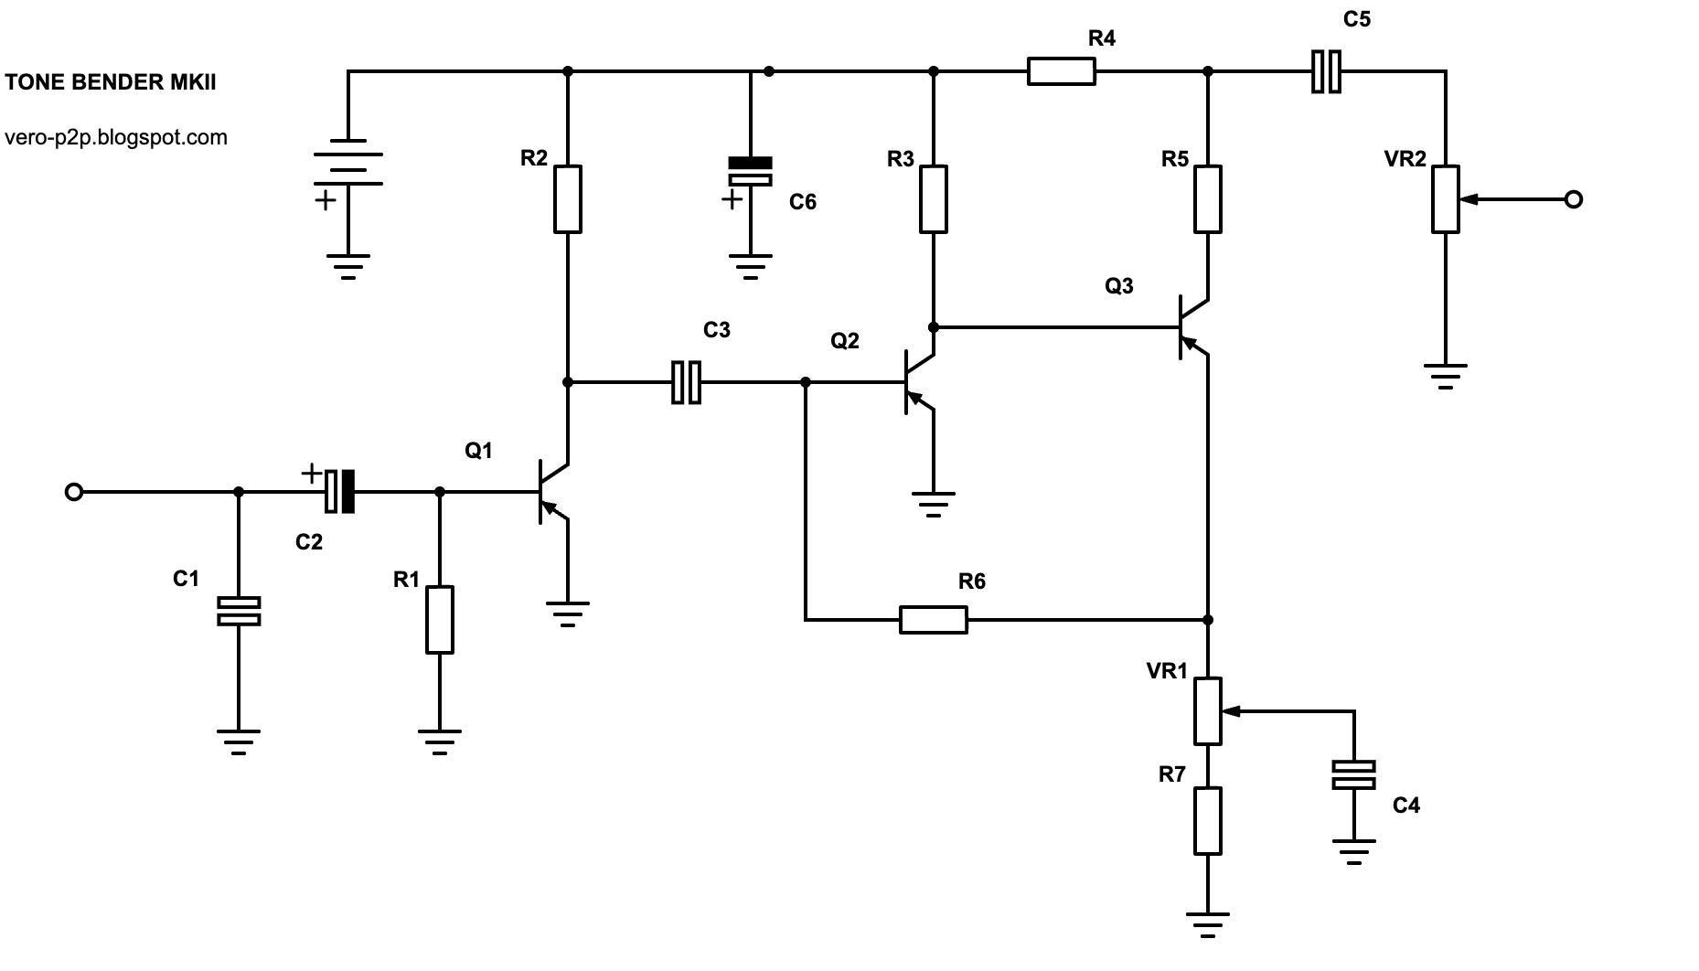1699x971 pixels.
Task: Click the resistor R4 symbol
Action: [x=1061, y=71]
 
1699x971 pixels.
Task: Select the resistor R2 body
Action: [x=568, y=198]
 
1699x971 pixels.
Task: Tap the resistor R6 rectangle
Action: [x=933, y=620]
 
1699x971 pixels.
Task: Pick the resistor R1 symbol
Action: [x=440, y=620]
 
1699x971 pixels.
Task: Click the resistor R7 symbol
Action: [x=1208, y=820]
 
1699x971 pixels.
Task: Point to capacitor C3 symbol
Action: [x=686, y=382]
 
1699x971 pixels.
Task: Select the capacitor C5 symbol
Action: [x=1326, y=71]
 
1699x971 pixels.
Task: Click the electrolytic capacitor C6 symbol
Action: [x=750, y=172]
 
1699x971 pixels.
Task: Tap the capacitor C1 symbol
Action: [x=239, y=611]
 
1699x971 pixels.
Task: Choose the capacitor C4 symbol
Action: [x=1353, y=775]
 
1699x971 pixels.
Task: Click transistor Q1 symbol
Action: [x=553, y=492]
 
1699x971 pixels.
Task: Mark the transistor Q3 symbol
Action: [x=1193, y=327]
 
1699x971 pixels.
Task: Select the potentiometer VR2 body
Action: [x=1446, y=198]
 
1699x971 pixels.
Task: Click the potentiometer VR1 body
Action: [x=1208, y=710]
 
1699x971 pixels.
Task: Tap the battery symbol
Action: [x=348, y=162]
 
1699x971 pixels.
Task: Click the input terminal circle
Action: [x=74, y=492]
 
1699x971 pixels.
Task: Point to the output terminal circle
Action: [x=1574, y=199]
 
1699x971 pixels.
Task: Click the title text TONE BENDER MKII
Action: [x=111, y=82]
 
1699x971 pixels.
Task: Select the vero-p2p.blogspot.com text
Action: [x=116, y=137]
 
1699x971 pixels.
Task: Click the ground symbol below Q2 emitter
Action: [x=933, y=505]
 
